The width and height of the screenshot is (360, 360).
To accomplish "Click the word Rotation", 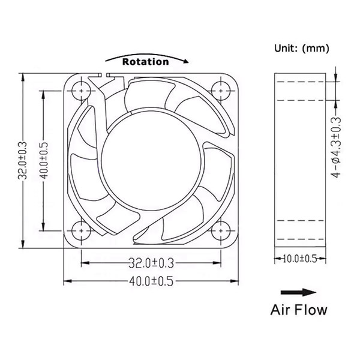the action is [x=146, y=62].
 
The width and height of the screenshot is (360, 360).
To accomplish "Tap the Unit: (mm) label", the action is [x=301, y=48].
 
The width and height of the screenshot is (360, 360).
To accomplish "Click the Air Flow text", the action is [x=299, y=310].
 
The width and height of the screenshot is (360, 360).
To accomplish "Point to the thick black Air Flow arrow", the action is [x=298, y=292].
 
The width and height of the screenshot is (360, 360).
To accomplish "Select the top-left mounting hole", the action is [x=81, y=91].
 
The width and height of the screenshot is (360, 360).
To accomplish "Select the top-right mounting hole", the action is [x=221, y=91].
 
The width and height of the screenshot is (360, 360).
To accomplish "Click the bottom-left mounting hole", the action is [x=81, y=230].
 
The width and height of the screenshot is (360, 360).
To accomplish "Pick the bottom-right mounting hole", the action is [x=221, y=230].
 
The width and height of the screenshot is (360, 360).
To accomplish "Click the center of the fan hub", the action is [x=151, y=161].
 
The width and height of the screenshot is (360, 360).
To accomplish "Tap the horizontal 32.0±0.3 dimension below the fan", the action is [x=151, y=263].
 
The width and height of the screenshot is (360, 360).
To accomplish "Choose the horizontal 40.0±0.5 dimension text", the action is [x=151, y=281].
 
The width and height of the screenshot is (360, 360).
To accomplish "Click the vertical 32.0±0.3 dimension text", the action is [x=23, y=160].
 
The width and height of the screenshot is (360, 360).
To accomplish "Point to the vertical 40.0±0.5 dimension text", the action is [x=43, y=160].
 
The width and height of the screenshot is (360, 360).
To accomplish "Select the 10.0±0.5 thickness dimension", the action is [x=300, y=259].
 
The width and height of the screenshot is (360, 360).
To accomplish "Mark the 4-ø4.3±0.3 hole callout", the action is [x=337, y=147].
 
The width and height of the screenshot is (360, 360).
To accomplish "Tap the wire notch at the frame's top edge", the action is [x=104, y=75].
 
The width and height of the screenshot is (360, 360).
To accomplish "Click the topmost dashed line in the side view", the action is [x=301, y=82].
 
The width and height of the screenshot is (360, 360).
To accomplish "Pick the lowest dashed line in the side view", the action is [x=301, y=239].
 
